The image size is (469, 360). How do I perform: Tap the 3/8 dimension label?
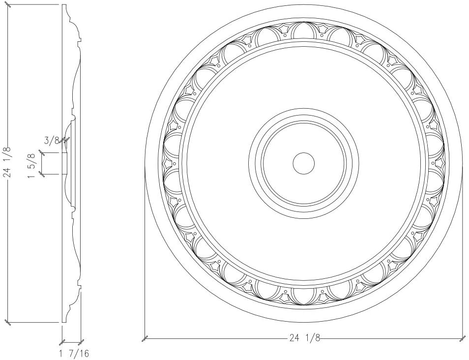click(x=51, y=141)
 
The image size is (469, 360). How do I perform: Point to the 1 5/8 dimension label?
click(x=33, y=163)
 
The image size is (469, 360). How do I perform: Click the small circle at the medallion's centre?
click(x=304, y=163)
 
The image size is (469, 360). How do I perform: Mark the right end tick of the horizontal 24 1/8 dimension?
click(x=462, y=338)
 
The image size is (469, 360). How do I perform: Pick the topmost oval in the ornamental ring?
click(x=304, y=30)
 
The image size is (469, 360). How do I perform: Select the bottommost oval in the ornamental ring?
click(x=304, y=295)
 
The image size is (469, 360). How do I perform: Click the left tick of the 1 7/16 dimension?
click(x=62, y=342)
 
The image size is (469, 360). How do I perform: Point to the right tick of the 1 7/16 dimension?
click(x=81, y=342)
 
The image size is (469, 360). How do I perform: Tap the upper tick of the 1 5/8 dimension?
click(x=43, y=153)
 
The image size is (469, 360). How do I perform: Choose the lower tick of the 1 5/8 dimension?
click(x=43, y=174)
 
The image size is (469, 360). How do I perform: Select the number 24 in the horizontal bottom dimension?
click(x=293, y=338)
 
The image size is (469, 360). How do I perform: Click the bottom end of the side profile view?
click(x=64, y=321)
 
